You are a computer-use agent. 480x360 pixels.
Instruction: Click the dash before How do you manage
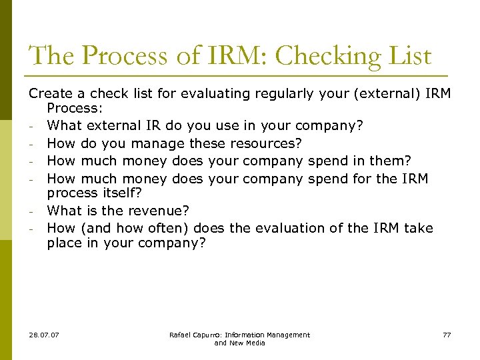pos(32,143)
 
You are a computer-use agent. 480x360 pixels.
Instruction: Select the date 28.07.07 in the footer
pos(44,335)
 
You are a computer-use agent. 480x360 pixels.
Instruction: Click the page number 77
pos(446,335)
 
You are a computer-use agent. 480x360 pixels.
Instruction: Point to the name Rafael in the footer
pos(181,335)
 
